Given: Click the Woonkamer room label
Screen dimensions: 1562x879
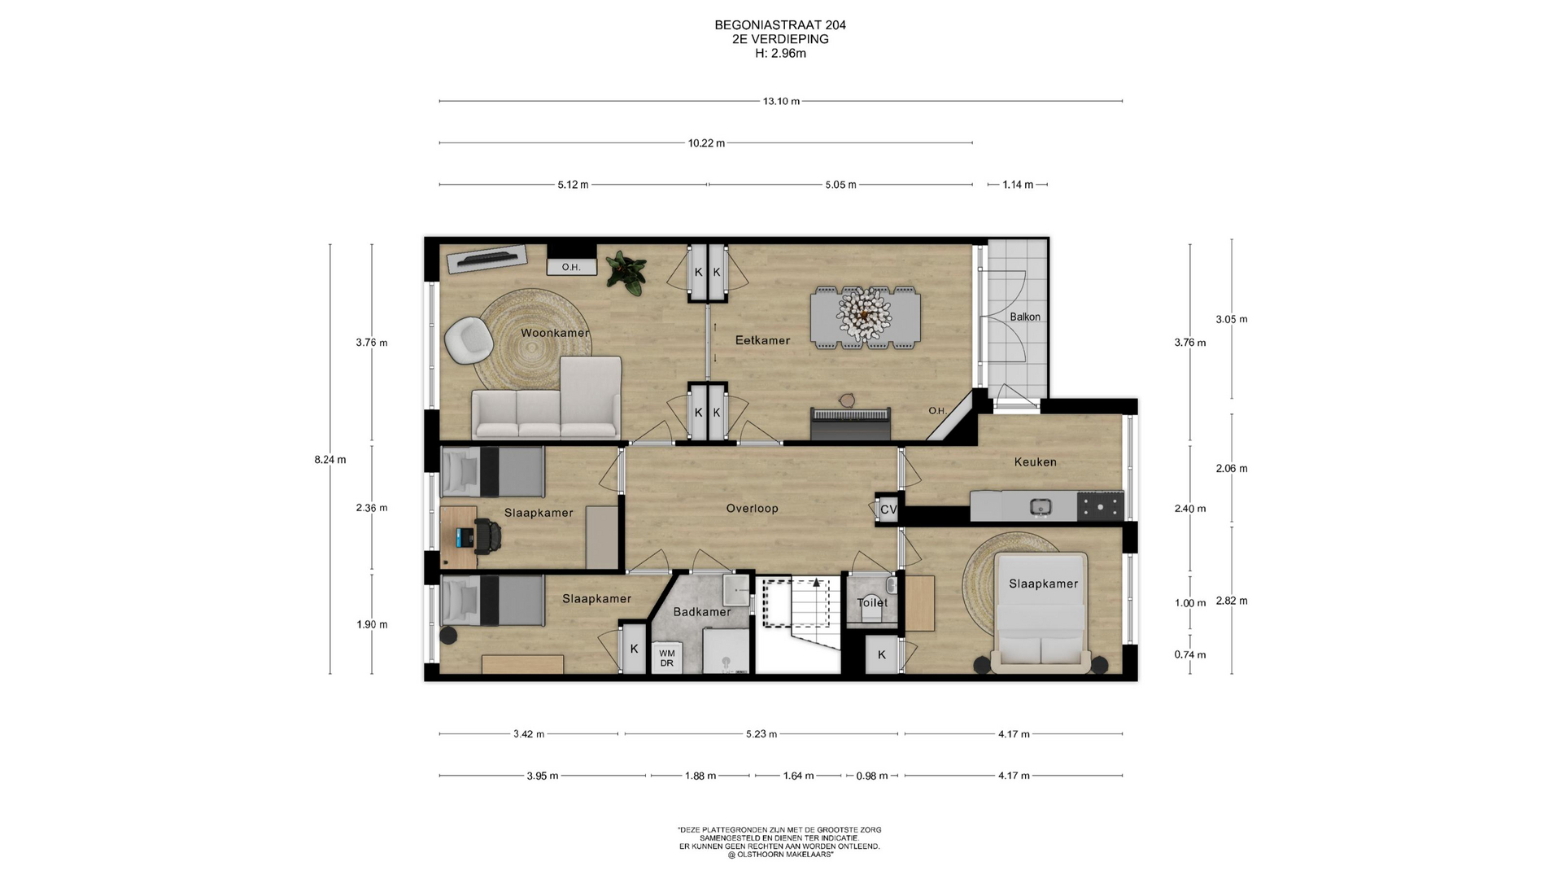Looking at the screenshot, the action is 555,333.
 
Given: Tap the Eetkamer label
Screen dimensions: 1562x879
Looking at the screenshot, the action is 762,340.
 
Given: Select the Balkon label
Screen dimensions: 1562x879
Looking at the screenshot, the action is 1025,317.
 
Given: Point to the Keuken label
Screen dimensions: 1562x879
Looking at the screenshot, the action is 1035,461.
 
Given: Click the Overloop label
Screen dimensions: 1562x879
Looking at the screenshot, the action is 752,508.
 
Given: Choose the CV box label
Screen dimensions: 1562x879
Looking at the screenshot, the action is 888,509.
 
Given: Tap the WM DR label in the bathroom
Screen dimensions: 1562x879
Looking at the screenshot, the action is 667,658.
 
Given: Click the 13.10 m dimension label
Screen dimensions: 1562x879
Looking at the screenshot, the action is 781,102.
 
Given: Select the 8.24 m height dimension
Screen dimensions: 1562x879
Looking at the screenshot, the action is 330,460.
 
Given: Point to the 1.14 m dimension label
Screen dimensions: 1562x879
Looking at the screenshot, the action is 1018,185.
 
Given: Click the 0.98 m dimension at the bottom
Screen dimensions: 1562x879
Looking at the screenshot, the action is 872,776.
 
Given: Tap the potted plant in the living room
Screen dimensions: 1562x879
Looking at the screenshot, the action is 626,272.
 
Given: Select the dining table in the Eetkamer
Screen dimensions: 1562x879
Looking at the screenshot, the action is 866,317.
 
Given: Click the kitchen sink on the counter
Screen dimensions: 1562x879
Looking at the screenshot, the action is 1041,507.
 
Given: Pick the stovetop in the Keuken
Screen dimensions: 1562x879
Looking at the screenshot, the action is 1100,506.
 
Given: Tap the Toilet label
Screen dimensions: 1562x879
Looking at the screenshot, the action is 872,602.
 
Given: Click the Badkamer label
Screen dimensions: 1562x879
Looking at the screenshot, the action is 702,611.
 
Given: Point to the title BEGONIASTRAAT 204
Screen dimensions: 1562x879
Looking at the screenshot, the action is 780,25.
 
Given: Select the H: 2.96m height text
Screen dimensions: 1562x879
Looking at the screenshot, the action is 780,54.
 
